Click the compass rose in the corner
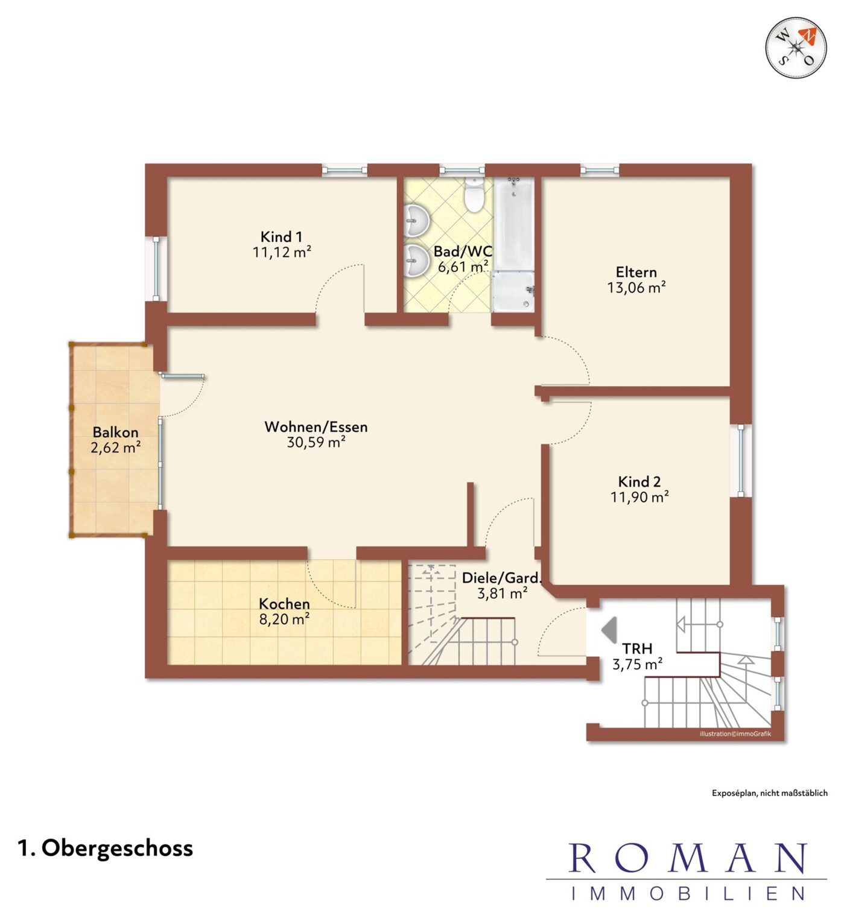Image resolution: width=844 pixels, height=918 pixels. [x=796, y=47]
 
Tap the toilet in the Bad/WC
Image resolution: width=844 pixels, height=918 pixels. [x=474, y=195]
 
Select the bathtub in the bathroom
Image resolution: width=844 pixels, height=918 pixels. [x=514, y=223]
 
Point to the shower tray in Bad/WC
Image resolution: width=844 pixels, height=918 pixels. [x=513, y=291]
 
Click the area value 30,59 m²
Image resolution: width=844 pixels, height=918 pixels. [x=316, y=442]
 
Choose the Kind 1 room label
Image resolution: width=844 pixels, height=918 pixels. [x=281, y=236]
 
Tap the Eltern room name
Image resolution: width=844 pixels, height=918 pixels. [x=636, y=272]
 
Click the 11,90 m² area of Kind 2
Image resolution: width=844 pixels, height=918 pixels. [x=639, y=496]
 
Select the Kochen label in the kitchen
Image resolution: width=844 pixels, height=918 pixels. [x=284, y=604]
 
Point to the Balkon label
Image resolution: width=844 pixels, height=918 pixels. [x=115, y=432]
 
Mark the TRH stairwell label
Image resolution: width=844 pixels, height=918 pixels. [x=637, y=648]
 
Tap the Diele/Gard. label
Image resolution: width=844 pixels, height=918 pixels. [x=502, y=578]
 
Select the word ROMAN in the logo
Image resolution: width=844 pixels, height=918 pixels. [x=687, y=858]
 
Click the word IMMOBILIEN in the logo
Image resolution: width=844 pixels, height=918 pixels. [x=687, y=893]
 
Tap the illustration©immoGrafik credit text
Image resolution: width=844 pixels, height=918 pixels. [x=735, y=734]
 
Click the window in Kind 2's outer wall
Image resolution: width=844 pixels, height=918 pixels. [x=741, y=460]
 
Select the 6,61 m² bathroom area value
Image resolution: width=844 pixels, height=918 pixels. [x=463, y=267]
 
